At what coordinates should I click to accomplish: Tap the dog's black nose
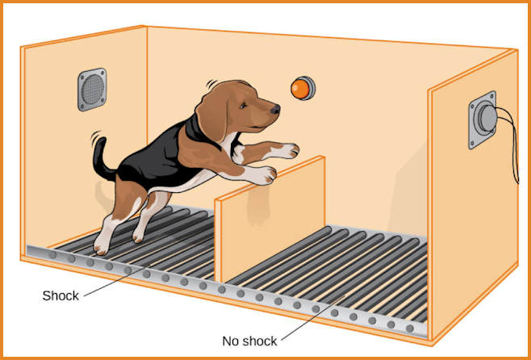(x=276, y=109)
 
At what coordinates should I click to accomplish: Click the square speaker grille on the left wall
(x=92, y=90)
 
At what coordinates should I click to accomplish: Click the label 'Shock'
(x=61, y=295)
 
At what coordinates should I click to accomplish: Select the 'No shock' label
(x=249, y=341)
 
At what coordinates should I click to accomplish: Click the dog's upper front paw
(x=287, y=151)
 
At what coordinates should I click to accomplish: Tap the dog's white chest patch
(x=230, y=142)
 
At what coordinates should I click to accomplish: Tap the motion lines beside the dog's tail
(x=95, y=137)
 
